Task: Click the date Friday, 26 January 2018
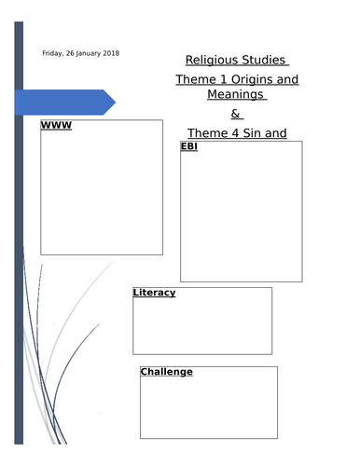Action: (81, 53)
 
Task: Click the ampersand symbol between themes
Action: (235, 115)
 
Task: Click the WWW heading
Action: (56, 125)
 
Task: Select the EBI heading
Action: (188, 146)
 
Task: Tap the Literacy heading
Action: (154, 293)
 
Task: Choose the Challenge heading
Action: (166, 372)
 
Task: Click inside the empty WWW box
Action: (101, 196)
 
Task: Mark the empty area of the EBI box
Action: (241, 219)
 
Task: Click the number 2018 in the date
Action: (110, 53)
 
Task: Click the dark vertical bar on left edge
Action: (19, 233)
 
